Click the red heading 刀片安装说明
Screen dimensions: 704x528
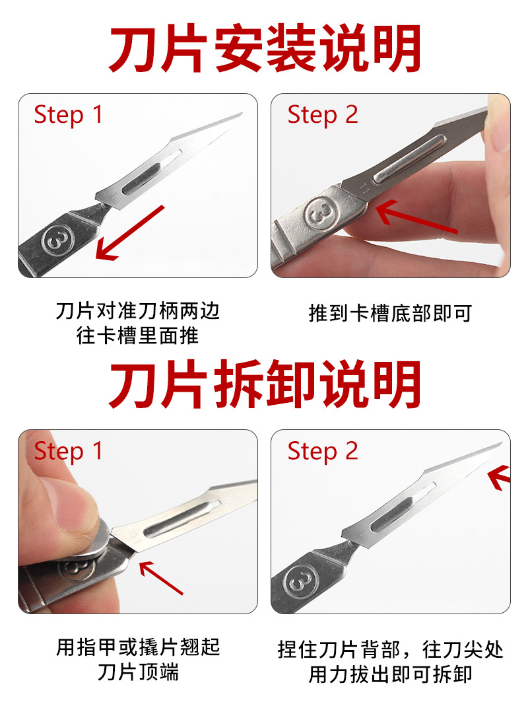[x=264, y=50]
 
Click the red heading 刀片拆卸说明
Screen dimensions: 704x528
[x=264, y=386]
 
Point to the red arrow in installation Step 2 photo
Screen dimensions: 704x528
[x=416, y=219]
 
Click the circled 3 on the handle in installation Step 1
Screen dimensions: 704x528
[x=54, y=241]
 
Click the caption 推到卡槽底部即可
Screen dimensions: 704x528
[x=390, y=312]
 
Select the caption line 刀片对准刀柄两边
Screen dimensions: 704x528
[x=137, y=310]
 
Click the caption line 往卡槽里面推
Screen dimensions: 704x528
[x=137, y=335]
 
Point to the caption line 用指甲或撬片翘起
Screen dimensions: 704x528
[x=137, y=647]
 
